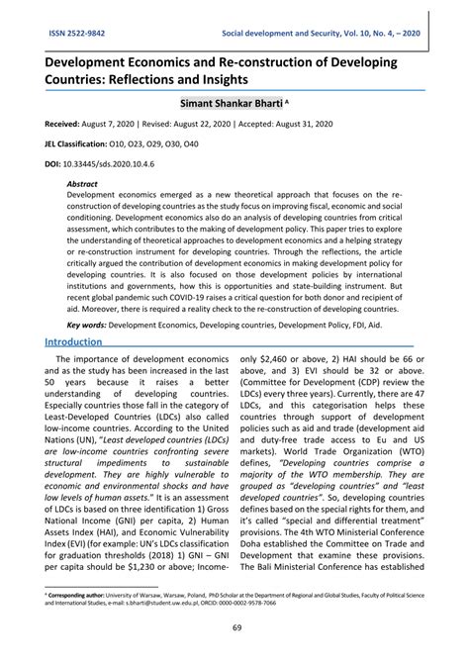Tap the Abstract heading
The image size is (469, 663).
tap(82, 184)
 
